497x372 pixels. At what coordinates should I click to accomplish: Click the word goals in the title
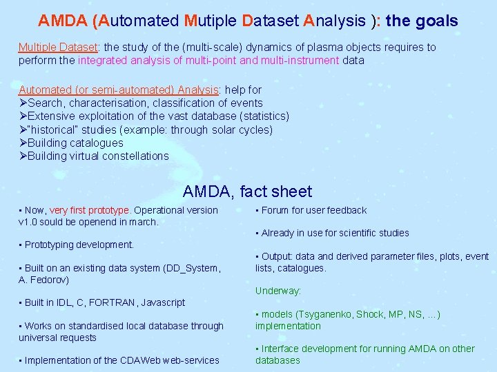click(436, 21)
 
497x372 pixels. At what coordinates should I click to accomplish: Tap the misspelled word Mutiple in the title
click(211, 21)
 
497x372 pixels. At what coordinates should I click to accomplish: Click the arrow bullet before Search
click(23, 103)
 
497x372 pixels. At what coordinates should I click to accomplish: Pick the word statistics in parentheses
click(261, 116)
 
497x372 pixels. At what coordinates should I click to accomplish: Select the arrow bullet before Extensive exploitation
click(23, 116)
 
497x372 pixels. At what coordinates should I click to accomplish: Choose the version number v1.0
click(29, 222)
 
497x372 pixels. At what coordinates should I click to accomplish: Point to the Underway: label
click(278, 291)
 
